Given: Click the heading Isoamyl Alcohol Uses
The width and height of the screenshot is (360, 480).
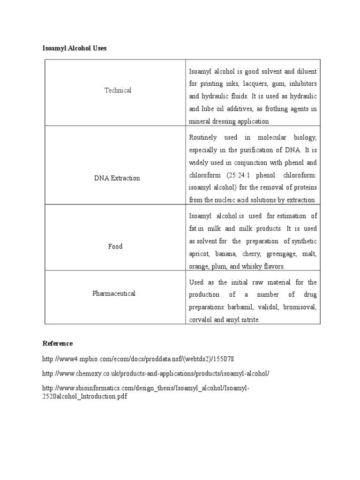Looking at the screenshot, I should (x=75, y=48).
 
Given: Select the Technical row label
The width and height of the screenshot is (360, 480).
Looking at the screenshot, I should (x=118, y=90).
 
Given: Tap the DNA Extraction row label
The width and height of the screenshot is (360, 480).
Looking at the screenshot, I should (x=117, y=179).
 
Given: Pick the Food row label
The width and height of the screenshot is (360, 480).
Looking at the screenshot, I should (x=115, y=247).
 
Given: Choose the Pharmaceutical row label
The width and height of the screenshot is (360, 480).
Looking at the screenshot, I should (x=114, y=293).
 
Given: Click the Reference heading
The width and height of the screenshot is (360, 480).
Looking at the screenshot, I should (x=58, y=344).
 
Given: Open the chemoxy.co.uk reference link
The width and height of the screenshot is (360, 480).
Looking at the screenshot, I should (x=156, y=374).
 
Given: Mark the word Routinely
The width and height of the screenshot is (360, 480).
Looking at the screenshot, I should (x=203, y=137).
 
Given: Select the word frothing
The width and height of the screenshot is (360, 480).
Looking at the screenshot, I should (x=278, y=109).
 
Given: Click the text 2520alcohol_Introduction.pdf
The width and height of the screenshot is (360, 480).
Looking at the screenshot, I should (x=85, y=396).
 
